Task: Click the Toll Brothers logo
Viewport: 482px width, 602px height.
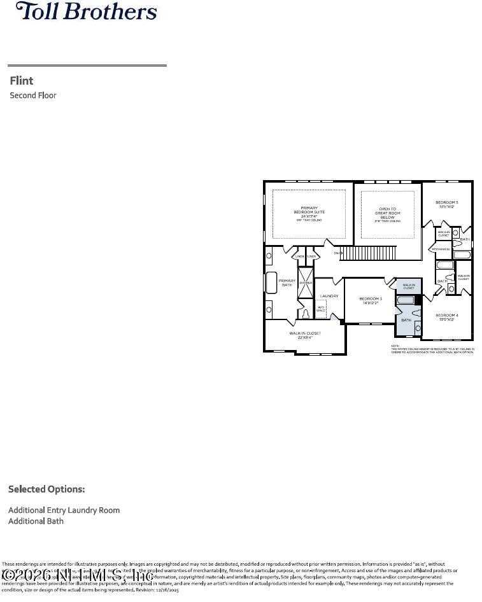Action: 86,11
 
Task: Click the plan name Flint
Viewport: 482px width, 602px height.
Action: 22,81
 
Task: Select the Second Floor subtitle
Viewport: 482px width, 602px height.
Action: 33,95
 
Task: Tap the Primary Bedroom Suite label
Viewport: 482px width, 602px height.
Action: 309,213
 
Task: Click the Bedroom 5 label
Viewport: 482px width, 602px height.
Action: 446,204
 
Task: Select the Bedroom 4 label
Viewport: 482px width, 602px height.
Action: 446,317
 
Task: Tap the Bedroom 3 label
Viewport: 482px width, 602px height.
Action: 371,300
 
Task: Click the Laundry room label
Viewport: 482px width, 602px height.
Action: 329,296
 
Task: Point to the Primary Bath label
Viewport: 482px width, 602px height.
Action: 287,283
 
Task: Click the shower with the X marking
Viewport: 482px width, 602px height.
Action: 306,283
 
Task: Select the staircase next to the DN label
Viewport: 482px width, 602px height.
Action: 369,253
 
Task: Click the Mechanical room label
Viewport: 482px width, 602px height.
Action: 443,249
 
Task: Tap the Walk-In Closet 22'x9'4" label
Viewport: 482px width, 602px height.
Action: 305,335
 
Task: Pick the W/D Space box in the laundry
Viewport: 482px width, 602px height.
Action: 321,309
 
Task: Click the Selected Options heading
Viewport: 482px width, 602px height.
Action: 46,489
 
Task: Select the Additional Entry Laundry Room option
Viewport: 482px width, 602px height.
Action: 64,510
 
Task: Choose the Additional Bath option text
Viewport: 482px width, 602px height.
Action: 36,521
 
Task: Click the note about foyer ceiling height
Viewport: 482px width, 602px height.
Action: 432,349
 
